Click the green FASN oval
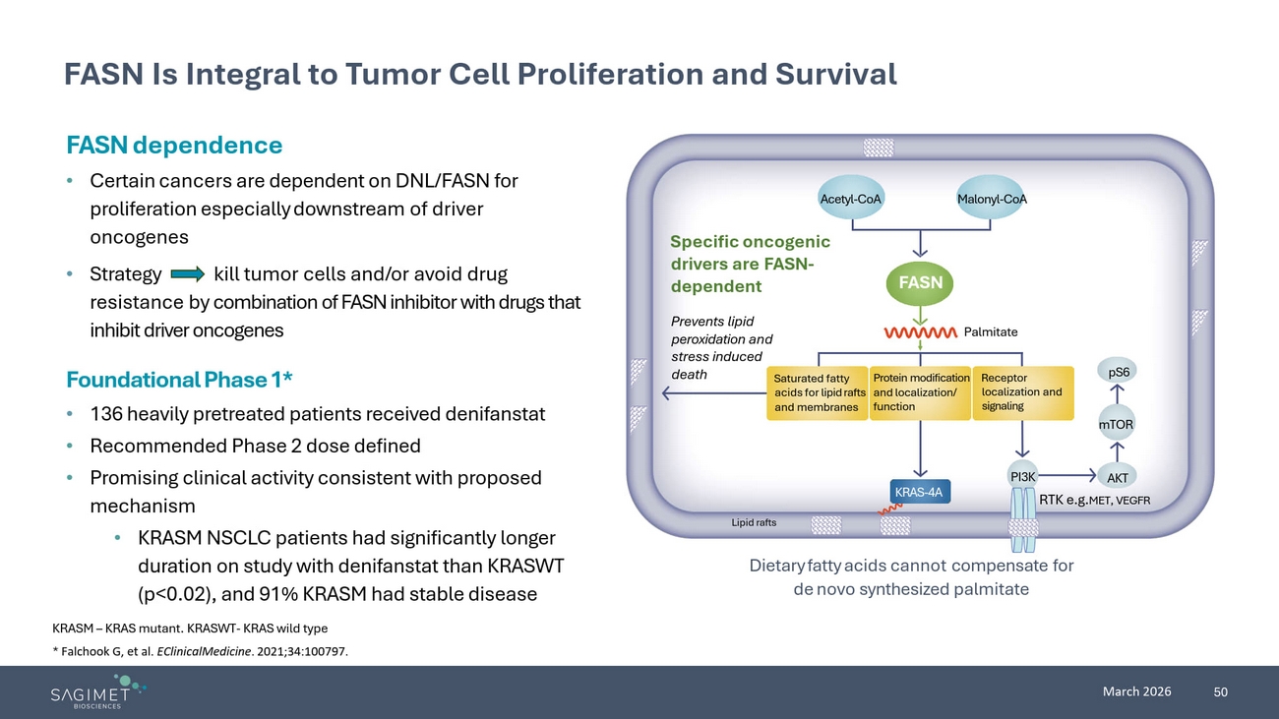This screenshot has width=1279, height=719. (x=920, y=283)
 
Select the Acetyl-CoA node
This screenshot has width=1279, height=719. (x=851, y=200)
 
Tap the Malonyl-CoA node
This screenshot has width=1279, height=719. (x=992, y=200)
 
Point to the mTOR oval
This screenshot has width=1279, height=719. (x=1117, y=425)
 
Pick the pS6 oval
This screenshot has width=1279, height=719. (x=1119, y=373)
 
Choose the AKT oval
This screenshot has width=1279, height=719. (x=1118, y=478)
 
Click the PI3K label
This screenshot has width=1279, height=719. (x=1023, y=477)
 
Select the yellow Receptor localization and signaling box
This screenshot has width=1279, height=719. (x=1022, y=392)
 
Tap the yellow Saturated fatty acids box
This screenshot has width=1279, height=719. (x=817, y=392)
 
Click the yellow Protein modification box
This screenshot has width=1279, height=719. (x=920, y=392)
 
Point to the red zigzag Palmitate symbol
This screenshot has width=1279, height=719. (x=920, y=332)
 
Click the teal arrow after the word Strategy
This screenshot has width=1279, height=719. (x=187, y=273)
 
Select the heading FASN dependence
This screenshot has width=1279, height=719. (x=174, y=146)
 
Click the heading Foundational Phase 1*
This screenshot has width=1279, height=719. (x=179, y=380)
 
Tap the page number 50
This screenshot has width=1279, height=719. (x=1221, y=692)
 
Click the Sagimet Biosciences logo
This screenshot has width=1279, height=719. (x=97, y=692)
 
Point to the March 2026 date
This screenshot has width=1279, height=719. (x=1136, y=691)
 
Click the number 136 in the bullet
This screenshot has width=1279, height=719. (x=106, y=414)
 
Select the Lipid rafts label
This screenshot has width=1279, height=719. (x=754, y=522)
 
